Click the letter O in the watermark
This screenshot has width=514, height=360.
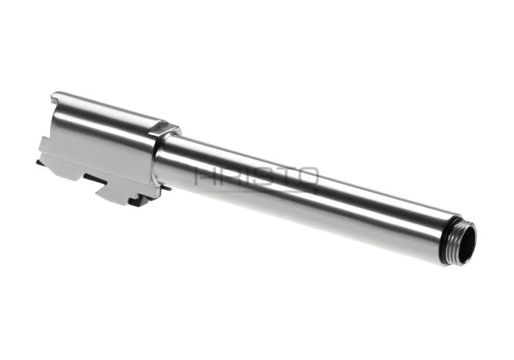[x=307, y=176]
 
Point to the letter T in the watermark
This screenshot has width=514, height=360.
[x=285, y=176]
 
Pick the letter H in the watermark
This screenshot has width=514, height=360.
[x=205, y=176]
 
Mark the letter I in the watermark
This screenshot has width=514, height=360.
[x=245, y=176]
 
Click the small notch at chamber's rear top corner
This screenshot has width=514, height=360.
[x=55, y=98]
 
